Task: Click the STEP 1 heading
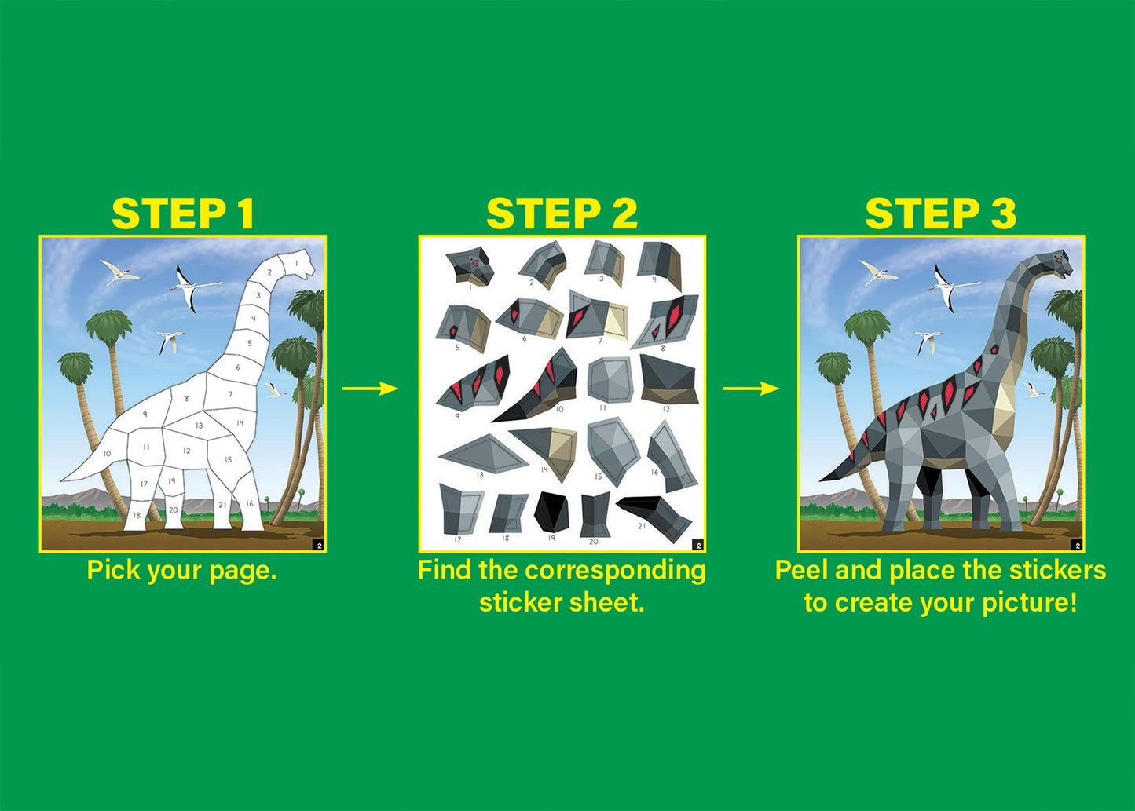[183, 214]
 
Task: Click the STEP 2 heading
[562, 214]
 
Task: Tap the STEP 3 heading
[940, 214]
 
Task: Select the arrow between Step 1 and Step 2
[370, 388]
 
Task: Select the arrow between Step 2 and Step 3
[751, 388]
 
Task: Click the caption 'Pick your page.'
[181, 570]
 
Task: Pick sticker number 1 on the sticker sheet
[470, 265]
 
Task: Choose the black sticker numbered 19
[551, 511]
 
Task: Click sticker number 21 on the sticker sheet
[657, 516]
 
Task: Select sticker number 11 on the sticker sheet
[610, 380]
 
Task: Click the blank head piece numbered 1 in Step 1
[299, 265]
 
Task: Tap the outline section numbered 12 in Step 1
[187, 451]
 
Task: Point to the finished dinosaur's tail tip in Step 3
[825, 478]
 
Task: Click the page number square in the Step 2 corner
[697, 545]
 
